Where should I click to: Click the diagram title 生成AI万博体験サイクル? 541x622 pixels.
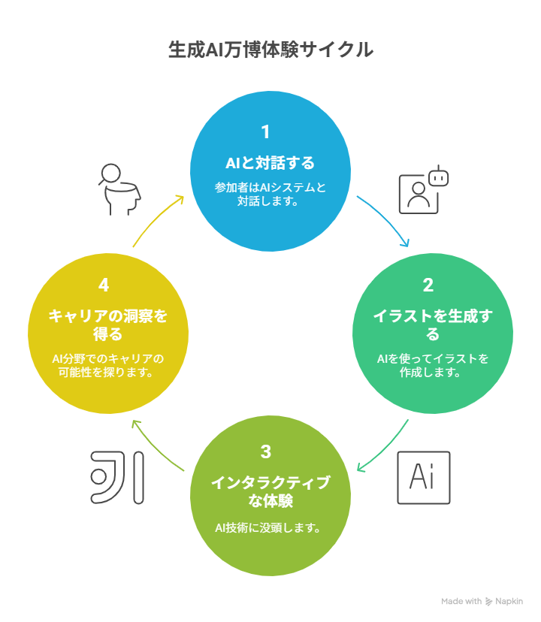point(270,50)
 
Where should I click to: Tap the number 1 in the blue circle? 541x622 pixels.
point(265,132)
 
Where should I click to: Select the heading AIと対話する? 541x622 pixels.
point(270,163)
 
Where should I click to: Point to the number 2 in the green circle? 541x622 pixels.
point(428,285)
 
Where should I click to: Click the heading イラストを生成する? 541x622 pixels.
point(433,325)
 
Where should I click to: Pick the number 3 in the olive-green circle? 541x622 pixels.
point(266,451)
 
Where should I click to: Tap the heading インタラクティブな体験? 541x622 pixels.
point(270,492)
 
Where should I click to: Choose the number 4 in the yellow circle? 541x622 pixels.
point(104,285)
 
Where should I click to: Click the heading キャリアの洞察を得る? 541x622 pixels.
point(108,325)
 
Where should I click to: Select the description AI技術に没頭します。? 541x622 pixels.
point(268,528)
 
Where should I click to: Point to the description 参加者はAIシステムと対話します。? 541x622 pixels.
point(270,194)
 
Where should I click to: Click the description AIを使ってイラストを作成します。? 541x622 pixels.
point(433,365)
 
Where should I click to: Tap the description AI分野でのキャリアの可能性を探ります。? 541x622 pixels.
point(107,365)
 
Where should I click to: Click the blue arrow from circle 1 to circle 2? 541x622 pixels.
point(387,217)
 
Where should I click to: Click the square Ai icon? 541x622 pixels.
point(424,478)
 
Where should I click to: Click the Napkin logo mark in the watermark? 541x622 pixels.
point(488,602)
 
